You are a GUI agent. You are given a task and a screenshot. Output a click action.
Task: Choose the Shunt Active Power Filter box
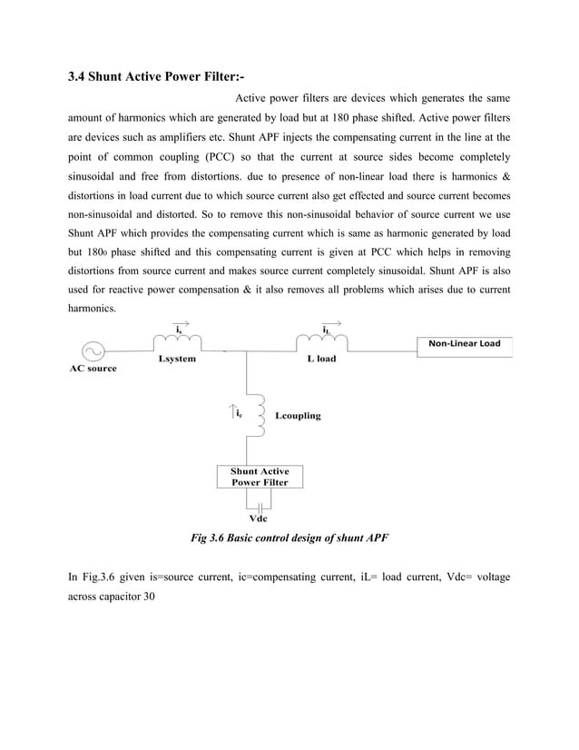tap(260, 477)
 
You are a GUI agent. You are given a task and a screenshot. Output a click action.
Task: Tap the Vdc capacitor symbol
tap(260, 505)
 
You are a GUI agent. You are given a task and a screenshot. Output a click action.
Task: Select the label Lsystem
tap(177, 359)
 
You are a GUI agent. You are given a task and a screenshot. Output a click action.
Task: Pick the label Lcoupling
tap(297, 416)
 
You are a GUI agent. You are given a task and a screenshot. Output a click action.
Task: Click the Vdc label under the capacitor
tap(259, 519)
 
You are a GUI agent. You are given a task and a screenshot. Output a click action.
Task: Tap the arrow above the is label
tap(181, 322)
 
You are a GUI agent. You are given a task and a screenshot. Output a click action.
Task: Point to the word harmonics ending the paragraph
tap(93, 309)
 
